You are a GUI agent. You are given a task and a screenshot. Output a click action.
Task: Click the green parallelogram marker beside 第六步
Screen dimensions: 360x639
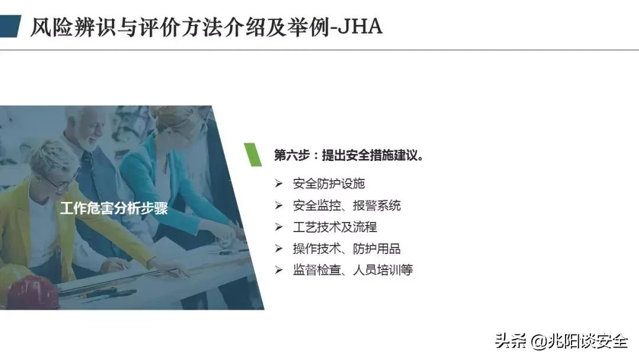(253, 154)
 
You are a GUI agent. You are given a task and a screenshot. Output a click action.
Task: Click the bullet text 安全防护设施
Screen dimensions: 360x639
(333, 184)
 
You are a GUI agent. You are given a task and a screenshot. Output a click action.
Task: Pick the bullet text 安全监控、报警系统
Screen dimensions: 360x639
(347, 205)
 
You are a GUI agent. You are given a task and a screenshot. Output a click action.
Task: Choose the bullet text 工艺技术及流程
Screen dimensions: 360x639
(334, 227)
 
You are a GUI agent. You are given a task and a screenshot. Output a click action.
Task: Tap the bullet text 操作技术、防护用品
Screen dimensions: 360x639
(347, 249)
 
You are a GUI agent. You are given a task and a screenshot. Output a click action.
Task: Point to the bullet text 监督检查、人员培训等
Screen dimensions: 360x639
(353, 270)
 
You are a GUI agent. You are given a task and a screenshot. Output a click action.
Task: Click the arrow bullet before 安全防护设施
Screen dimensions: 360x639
(279, 184)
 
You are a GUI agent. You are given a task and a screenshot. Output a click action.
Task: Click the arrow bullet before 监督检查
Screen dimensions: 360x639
(279, 270)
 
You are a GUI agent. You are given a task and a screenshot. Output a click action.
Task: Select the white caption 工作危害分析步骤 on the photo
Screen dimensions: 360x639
(114, 208)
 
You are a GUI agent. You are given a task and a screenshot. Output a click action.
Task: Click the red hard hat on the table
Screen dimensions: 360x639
(33, 293)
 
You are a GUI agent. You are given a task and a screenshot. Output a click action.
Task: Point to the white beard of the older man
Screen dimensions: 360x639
(89, 142)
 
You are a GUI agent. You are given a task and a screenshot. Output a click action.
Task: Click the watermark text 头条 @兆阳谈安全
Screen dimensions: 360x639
(561, 342)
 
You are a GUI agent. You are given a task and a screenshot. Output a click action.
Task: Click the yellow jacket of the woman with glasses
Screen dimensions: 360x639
(18, 225)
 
